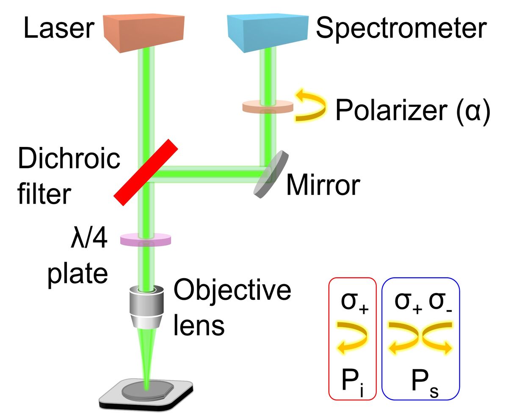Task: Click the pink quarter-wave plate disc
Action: click(x=146, y=240)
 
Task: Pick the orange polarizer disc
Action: click(x=268, y=106)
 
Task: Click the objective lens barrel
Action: click(x=146, y=307)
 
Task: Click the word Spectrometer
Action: click(x=400, y=29)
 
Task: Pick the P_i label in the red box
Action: click(x=352, y=384)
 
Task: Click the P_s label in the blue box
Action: click(x=420, y=384)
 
